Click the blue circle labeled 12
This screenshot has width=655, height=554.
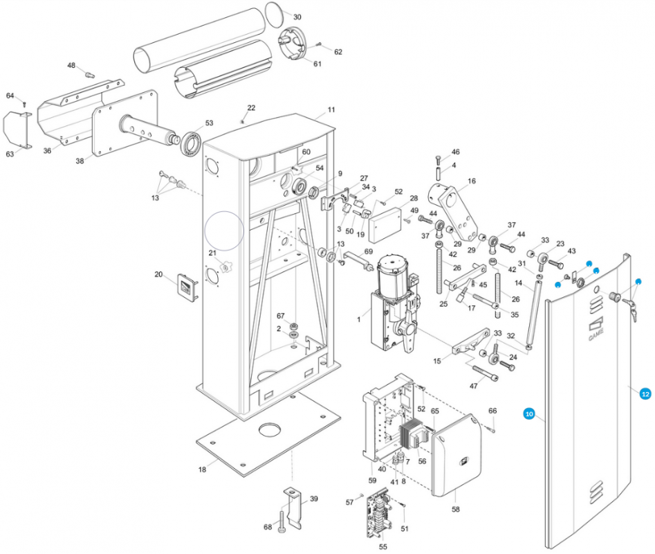645,393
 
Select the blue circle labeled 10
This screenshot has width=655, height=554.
529,413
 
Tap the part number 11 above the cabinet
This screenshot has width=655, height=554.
331,110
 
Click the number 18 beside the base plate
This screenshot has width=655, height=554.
202,470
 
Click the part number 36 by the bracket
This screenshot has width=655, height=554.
48,151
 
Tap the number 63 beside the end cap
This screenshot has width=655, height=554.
10,154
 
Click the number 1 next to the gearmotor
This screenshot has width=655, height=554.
359,319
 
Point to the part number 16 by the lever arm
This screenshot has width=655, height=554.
472,181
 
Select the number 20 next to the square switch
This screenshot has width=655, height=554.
158,274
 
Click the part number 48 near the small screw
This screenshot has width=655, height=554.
71,65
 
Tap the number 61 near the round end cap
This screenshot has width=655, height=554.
317,64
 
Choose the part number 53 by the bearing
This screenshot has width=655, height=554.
209,123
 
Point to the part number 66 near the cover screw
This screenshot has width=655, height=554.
493,411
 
